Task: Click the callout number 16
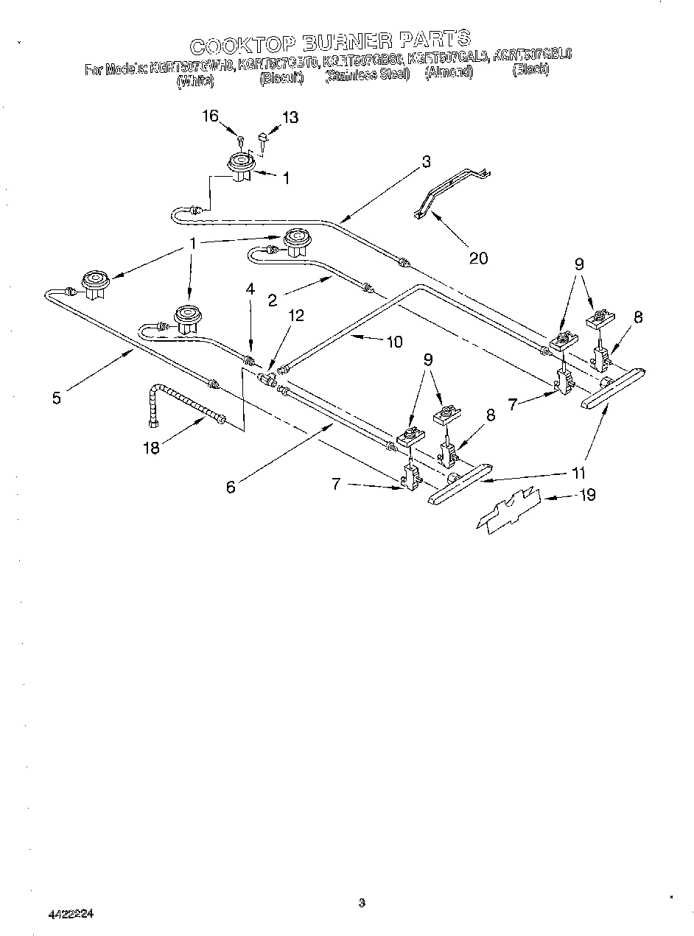(x=211, y=116)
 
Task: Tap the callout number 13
(x=290, y=116)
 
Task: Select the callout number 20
(x=477, y=258)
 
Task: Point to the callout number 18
(x=151, y=448)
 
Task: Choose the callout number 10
(x=395, y=341)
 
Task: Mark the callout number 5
(x=57, y=398)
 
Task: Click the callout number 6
(x=231, y=487)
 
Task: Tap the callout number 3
(x=427, y=163)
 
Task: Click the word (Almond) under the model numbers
(x=449, y=74)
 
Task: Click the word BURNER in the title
(x=334, y=41)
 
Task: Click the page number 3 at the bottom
(x=361, y=902)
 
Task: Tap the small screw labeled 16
(x=241, y=140)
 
